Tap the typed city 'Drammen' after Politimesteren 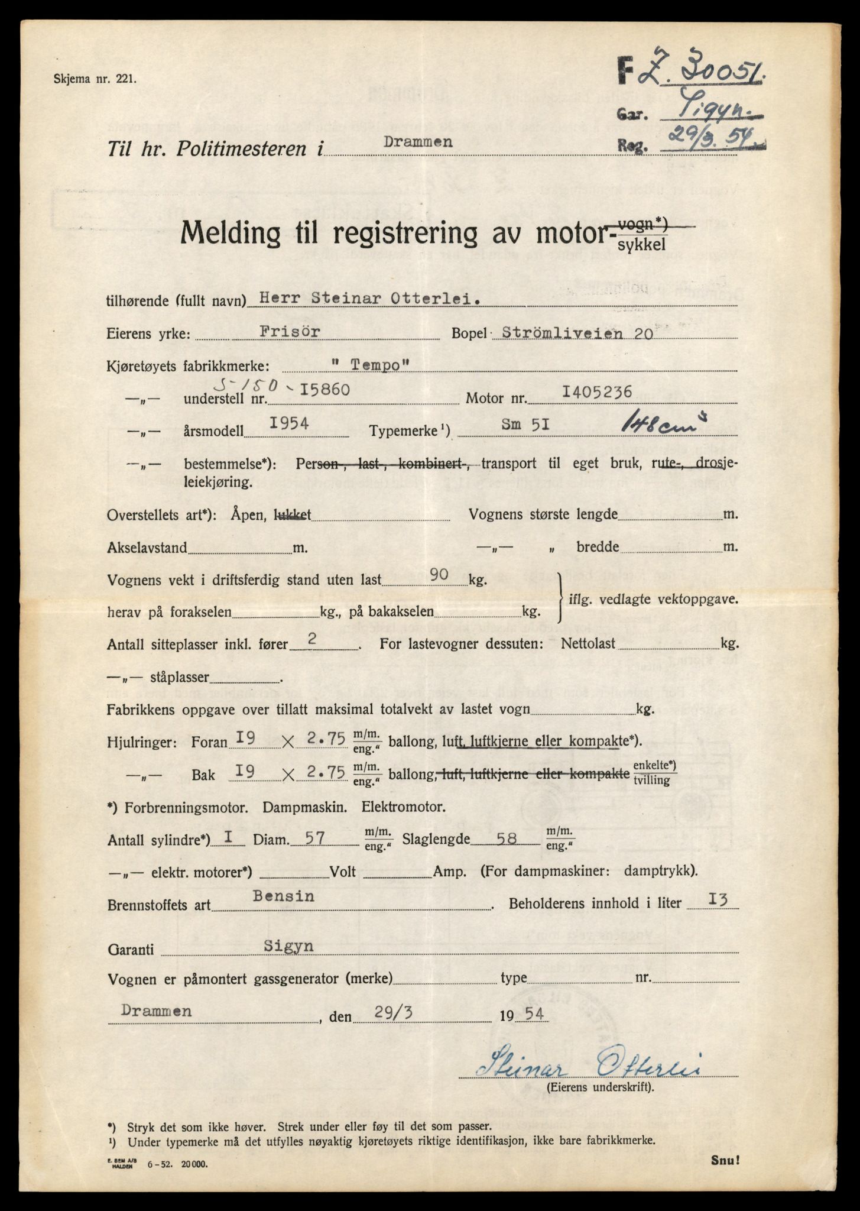point(418,142)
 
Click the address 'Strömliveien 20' point(577,333)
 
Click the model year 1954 point(290,424)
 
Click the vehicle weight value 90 point(440,574)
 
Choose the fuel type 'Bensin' point(283,896)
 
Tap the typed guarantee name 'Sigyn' point(289,946)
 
